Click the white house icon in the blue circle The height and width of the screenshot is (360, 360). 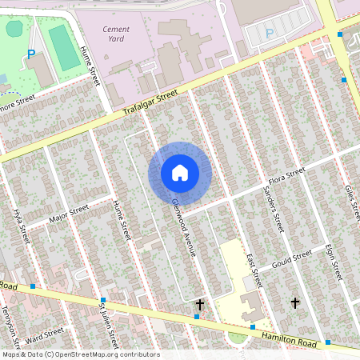pos(180,172)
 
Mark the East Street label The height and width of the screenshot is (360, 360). pos(254,272)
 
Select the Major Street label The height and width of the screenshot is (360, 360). pos(68,214)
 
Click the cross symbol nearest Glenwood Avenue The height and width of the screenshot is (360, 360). pos(200,305)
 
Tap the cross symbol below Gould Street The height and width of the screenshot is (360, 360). pos(294,302)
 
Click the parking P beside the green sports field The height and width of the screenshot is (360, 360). pos(31,54)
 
